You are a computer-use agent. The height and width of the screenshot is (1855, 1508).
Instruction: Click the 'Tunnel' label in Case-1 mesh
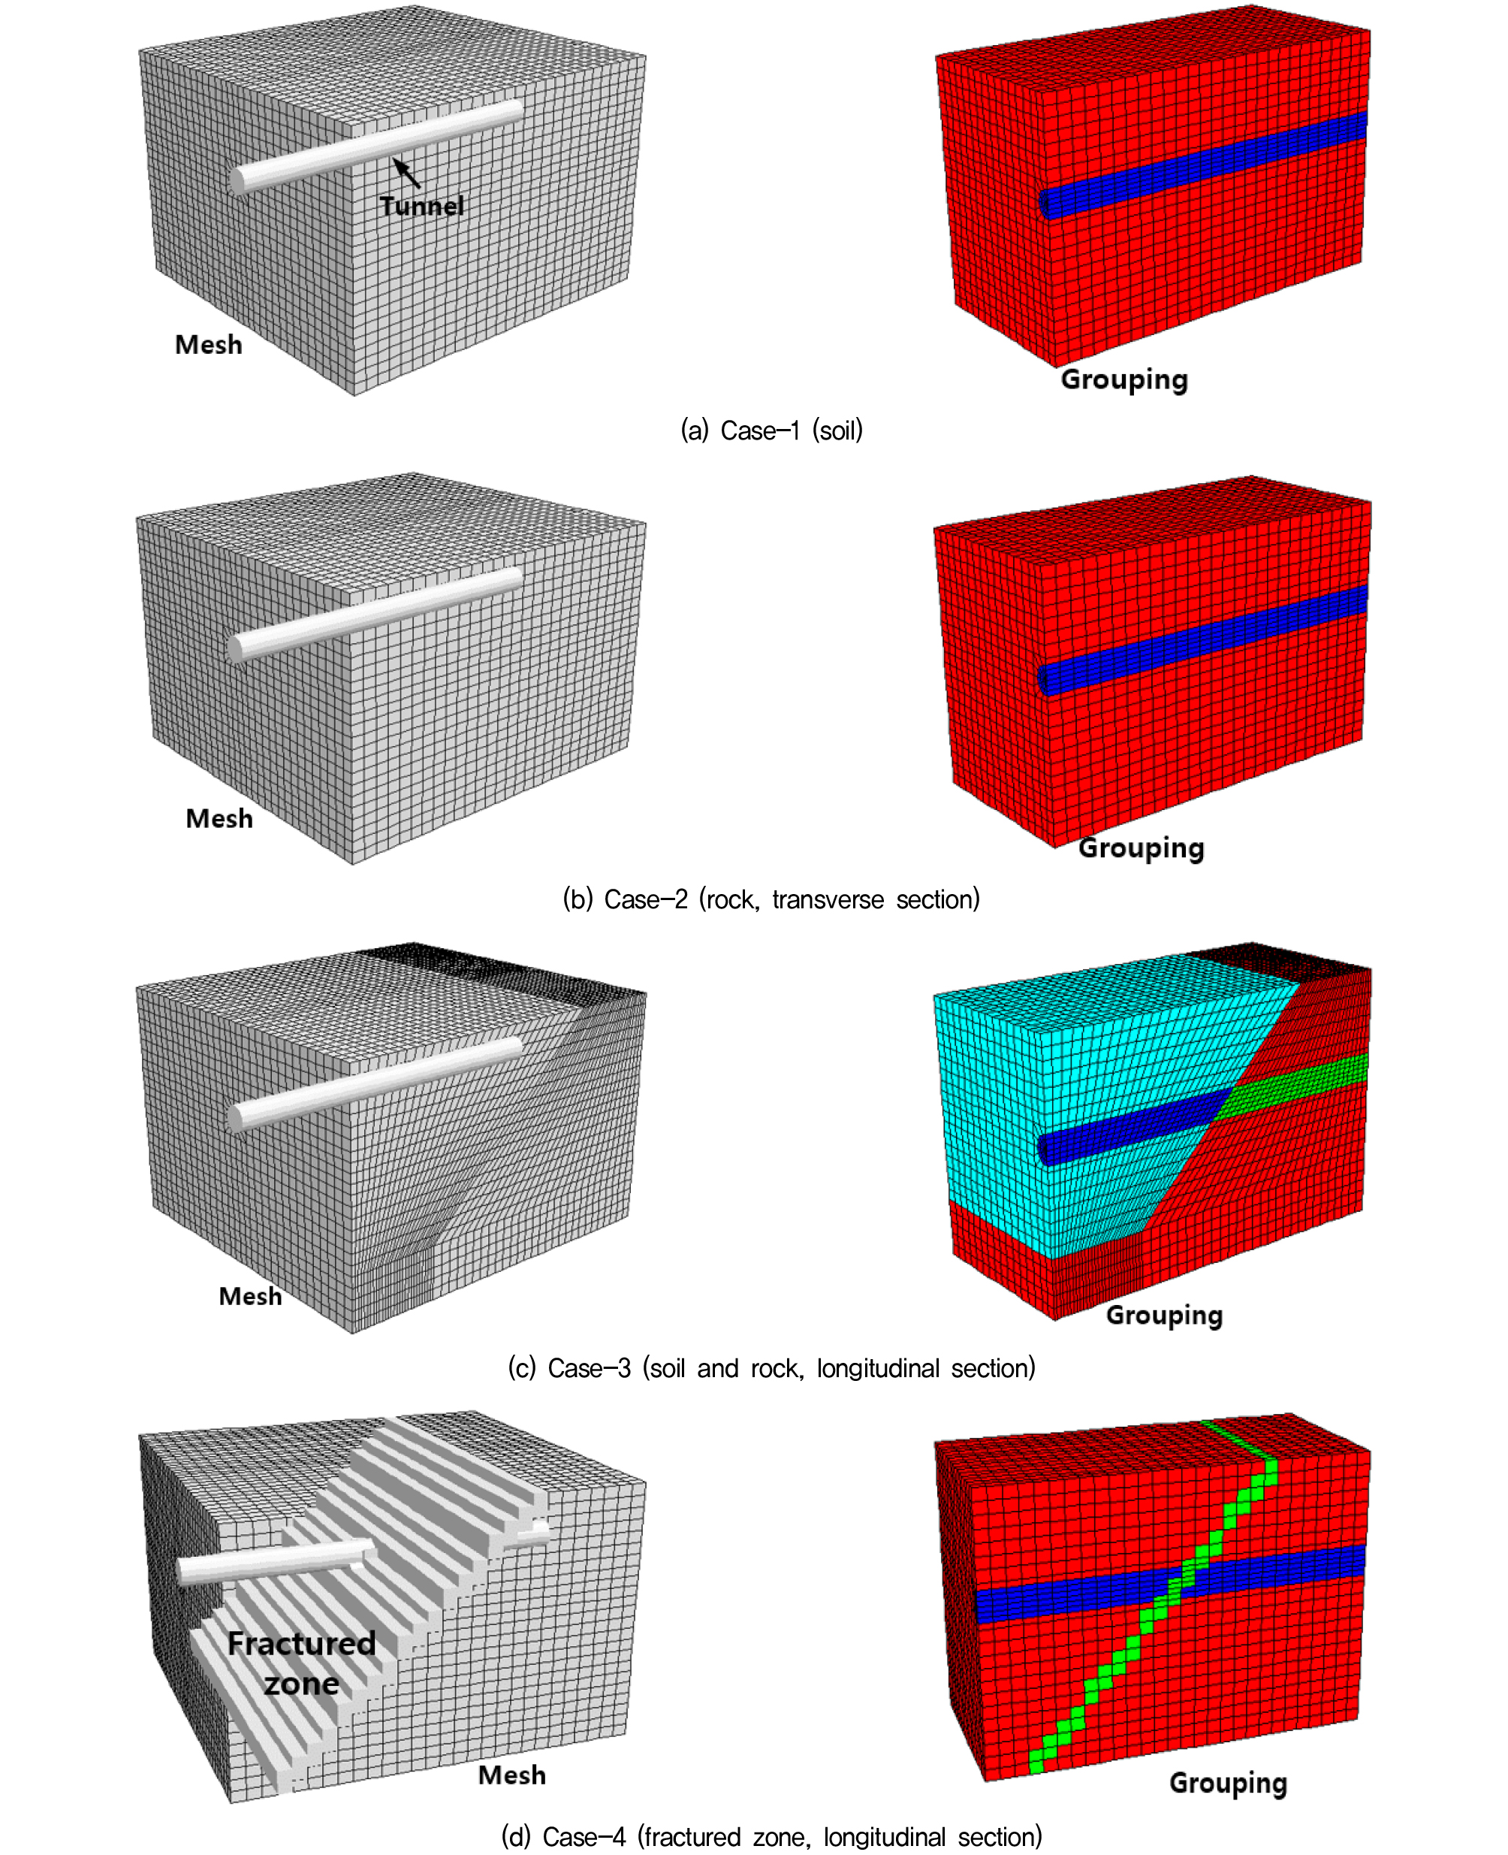click(421, 206)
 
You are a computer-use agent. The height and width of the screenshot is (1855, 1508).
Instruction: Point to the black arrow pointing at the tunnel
click(406, 172)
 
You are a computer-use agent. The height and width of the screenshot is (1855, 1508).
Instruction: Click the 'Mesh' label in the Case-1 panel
click(209, 344)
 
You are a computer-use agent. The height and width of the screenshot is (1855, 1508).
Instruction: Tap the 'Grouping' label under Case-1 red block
click(1124, 379)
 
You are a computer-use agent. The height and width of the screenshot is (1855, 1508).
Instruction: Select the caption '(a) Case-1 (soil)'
click(771, 430)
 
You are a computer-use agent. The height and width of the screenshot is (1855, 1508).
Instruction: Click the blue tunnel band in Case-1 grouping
click(1203, 165)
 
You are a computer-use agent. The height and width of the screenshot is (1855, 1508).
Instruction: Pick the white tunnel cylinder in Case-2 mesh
click(375, 615)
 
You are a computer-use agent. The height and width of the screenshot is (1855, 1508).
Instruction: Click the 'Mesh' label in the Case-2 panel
click(219, 818)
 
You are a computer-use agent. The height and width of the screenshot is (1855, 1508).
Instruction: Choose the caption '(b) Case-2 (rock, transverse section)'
click(771, 899)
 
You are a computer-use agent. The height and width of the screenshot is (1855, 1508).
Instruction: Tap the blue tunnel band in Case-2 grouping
click(1203, 640)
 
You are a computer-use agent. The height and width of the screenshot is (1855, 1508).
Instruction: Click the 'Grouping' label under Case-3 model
click(1164, 1316)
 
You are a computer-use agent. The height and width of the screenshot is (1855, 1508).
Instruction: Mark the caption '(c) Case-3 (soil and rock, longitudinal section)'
click(771, 1368)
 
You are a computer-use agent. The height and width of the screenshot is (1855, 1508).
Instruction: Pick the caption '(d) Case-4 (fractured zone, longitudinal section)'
click(771, 1837)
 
